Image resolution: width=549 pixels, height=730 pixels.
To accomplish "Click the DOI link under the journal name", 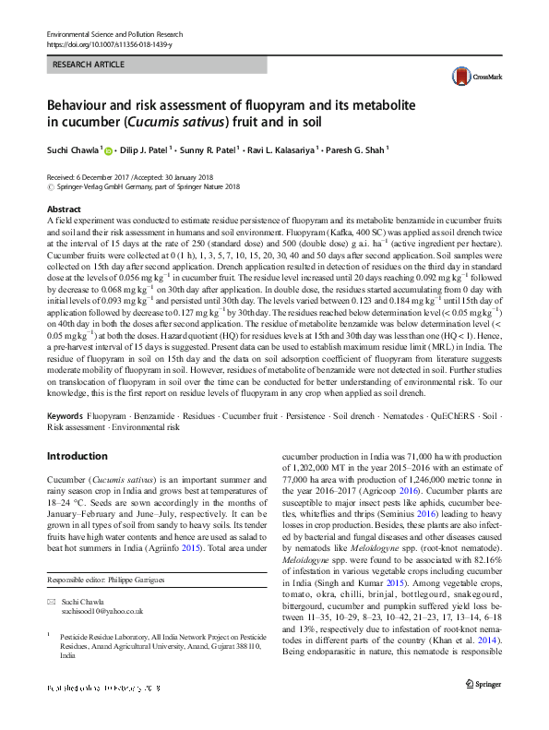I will [x=108, y=45].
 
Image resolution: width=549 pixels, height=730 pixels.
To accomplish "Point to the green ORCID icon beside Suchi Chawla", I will [x=109, y=150].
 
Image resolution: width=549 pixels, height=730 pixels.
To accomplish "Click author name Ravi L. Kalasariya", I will [x=283, y=150].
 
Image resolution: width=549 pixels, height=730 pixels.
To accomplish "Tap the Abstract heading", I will [x=64, y=209].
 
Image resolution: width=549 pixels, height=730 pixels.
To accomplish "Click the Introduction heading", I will [x=78, y=456].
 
